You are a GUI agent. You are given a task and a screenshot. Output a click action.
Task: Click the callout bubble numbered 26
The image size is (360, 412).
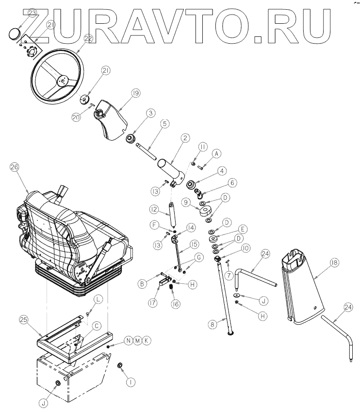pyautogui.click(x=14, y=168)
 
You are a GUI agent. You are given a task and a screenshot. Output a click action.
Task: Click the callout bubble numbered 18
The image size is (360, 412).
pyautogui.click(x=334, y=262)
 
